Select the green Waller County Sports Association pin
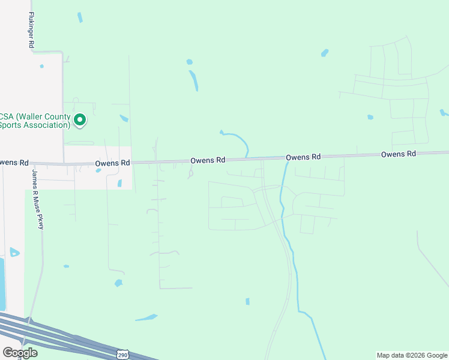[x=79, y=121]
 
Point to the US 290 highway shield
[x=122, y=355]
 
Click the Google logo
[x=20, y=353]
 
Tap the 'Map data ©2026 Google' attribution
[x=412, y=355]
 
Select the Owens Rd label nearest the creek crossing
[x=303, y=157]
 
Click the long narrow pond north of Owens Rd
[x=194, y=80]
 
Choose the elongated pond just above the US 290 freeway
[x=146, y=317]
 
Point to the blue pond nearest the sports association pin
[x=124, y=118]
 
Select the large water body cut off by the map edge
[x=2, y=282]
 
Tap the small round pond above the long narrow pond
[x=190, y=62]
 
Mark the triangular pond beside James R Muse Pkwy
[x=14, y=252]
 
